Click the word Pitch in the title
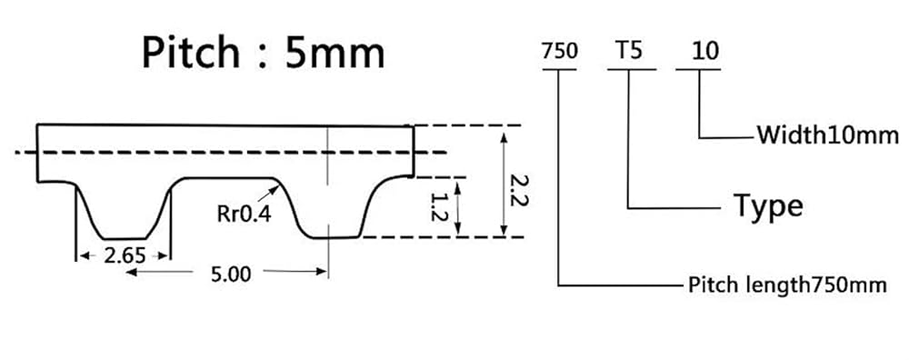coord(191,53)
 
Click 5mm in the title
coord(334,54)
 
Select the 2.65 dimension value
coord(125,255)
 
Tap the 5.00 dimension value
coord(231,274)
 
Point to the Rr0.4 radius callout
coord(244,214)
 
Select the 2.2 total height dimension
coord(519,191)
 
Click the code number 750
coord(559,51)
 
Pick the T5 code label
coord(629,51)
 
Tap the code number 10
coord(705,51)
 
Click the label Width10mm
coord(828,135)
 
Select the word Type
coord(768,205)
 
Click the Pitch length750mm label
coord(787,285)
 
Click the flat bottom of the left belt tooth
coord(124,238)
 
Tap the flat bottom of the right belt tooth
coord(335,237)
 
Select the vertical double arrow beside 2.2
coord(504,185)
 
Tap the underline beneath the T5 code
coord(632,70)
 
